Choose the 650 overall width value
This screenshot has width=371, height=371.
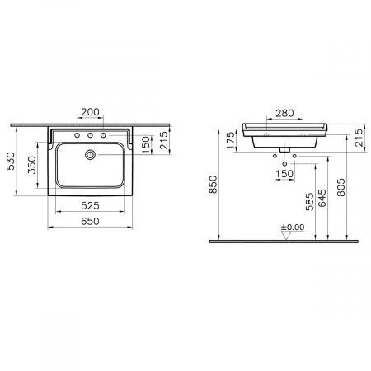point(92,222)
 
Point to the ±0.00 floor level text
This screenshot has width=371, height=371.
point(292,227)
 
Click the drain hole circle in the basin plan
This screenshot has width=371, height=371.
point(92,153)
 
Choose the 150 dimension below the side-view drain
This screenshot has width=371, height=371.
point(284,175)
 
